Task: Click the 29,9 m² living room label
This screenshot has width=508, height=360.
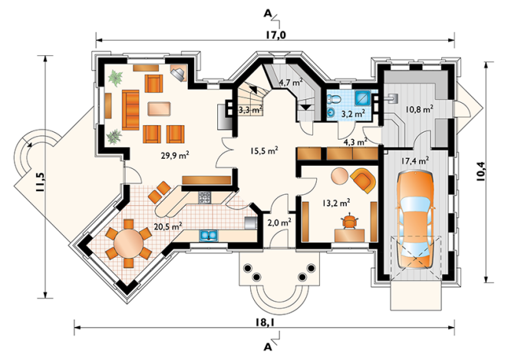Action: pos(175,155)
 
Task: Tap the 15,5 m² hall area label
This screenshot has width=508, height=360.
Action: pos(264,150)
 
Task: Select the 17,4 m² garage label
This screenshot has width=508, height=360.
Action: pos(415,160)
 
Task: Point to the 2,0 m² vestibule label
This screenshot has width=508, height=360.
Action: pos(279,223)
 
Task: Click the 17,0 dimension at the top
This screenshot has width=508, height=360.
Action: pos(275,35)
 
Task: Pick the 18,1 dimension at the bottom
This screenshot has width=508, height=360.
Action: pos(265,322)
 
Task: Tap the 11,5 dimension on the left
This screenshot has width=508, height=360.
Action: pos(40,182)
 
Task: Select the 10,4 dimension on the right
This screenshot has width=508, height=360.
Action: pos(482,170)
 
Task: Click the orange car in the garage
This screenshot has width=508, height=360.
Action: pos(415,220)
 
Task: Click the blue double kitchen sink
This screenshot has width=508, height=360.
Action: pos(209,235)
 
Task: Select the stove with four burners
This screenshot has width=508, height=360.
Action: pos(204,197)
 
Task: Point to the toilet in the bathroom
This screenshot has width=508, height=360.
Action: pos(333,98)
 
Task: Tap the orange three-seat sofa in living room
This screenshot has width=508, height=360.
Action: pos(130,110)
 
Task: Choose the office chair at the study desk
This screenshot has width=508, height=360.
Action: pos(349,222)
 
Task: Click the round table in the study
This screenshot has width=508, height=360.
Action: pos(339,177)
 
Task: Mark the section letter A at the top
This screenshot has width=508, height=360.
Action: pos(268,13)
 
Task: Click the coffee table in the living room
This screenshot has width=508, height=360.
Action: pos(160,108)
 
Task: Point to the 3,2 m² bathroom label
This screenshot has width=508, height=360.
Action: pos(353,114)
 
